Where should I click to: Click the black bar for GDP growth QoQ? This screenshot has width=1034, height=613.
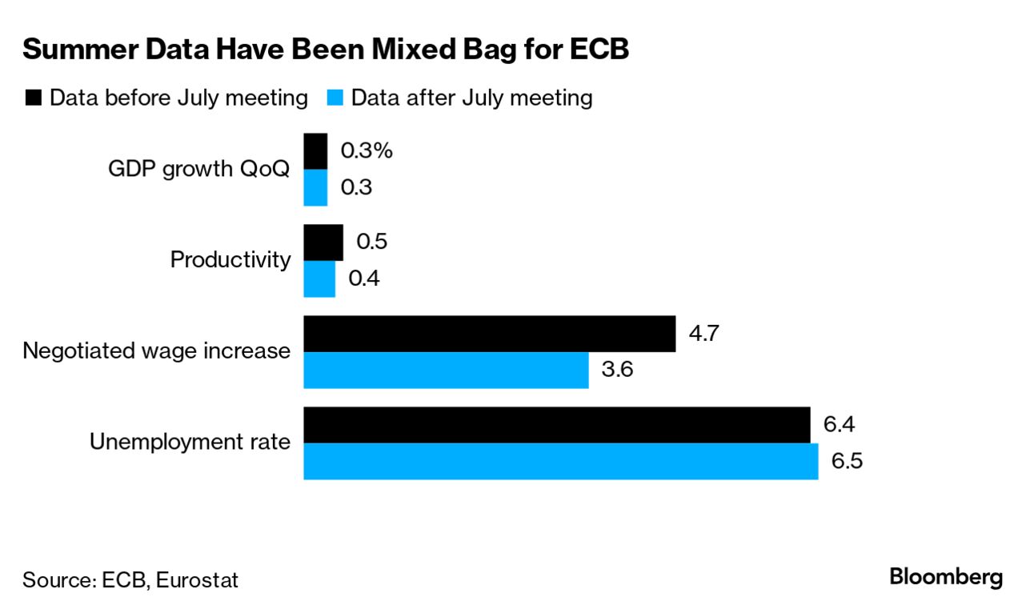click(315, 151)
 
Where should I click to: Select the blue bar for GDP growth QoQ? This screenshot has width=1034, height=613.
click(315, 187)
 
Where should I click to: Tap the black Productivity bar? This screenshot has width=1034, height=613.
click(323, 242)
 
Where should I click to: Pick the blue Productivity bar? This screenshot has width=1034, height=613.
click(319, 278)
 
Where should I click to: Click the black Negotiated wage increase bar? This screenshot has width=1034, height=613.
click(489, 334)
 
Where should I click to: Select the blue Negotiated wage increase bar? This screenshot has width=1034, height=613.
click(446, 370)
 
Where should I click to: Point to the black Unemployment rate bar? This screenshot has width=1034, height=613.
click(556, 425)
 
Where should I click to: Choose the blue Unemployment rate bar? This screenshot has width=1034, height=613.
click(560, 462)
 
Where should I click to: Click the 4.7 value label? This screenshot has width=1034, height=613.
click(704, 332)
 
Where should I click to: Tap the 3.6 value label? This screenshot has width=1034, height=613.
click(618, 370)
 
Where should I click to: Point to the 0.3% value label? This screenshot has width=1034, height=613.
click(367, 150)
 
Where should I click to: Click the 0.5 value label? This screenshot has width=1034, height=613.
click(371, 242)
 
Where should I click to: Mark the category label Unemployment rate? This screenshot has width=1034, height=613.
click(190, 442)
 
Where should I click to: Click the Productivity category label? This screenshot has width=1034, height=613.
click(230, 260)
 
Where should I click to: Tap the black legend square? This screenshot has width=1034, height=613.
click(34, 98)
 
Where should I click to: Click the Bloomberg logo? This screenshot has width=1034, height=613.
click(946, 577)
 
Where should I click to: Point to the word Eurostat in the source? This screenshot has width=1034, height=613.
click(197, 579)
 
